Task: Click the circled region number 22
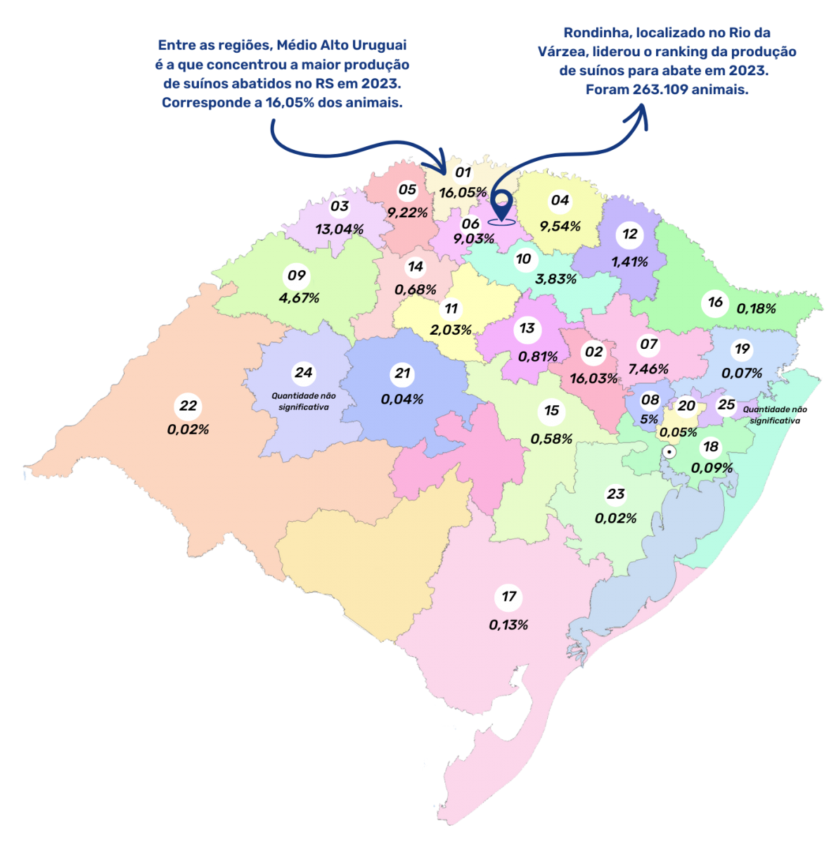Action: tap(188, 406)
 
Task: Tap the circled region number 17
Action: tap(509, 597)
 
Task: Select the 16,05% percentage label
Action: tap(463, 193)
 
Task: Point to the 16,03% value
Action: tap(594, 378)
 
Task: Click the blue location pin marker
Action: tap(501, 208)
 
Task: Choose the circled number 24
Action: tap(304, 372)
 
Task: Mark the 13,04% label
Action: tap(340, 229)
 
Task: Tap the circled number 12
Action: tap(630, 234)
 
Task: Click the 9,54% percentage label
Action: tap(560, 226)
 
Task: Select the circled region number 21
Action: tap(402, 373)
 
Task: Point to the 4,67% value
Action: tap(299, 298)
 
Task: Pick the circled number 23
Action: tap(616, 494)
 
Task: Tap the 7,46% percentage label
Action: tap(648, 369)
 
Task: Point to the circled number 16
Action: tap(715, 302)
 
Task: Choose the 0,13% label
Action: tap(509, 625)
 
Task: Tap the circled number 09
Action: tap(297, 275)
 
